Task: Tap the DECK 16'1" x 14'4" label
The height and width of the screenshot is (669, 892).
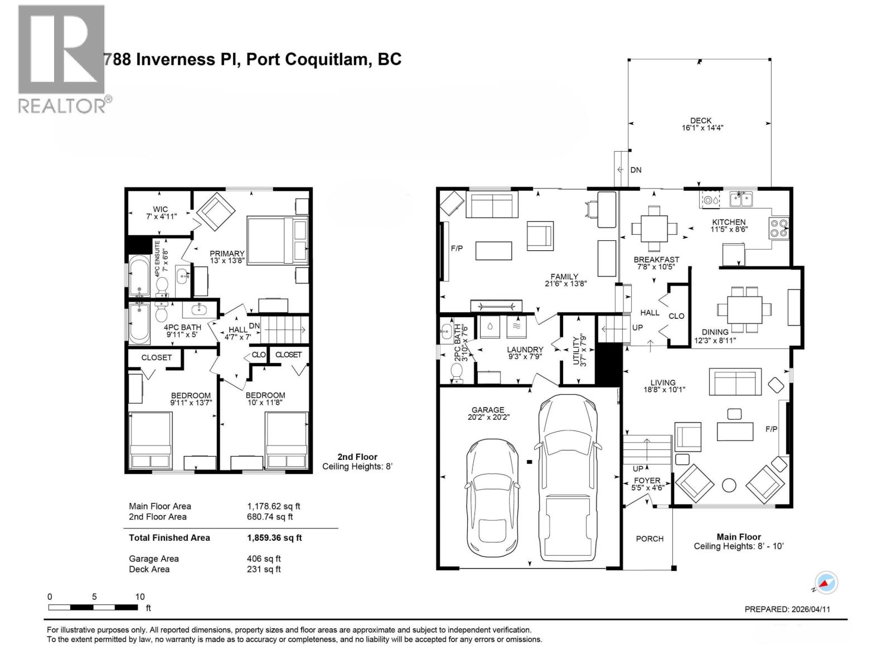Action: click(x=701, y=124)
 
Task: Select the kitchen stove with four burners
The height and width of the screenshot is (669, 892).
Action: click(x=779, y=229)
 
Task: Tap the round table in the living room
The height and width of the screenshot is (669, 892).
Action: click(x=728, y=485)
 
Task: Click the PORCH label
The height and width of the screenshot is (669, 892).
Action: click(x=649, y=539)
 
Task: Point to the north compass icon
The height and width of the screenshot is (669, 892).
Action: click(x=826, y=583)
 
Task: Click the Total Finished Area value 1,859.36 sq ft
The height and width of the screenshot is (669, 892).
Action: click(x=274, y=538)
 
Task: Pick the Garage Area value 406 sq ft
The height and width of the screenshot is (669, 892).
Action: click(x=264, y=559)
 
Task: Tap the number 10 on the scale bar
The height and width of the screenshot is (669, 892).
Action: click(x=140, y=597)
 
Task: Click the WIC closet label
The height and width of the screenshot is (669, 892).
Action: click(x=161, y=212)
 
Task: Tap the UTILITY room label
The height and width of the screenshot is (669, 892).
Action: click(x=579, y=350)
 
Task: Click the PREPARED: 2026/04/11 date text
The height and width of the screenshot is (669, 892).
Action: click(x=787, y=609)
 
